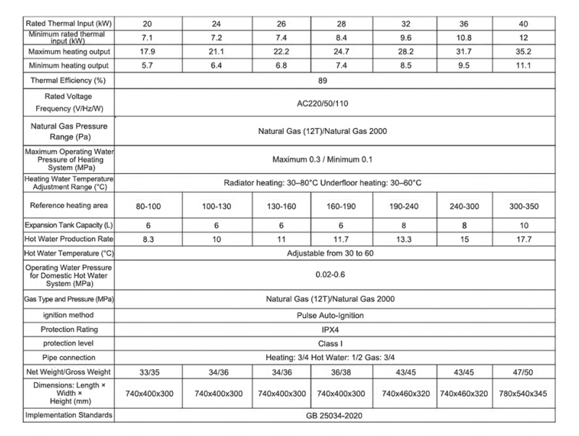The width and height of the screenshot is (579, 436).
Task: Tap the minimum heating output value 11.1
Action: [x=525, y=65]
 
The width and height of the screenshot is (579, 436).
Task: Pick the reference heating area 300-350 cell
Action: [x=525, y=206]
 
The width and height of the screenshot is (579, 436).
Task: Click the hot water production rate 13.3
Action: [x=401, y=238]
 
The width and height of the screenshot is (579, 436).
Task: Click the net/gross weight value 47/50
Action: [x=525, y=371]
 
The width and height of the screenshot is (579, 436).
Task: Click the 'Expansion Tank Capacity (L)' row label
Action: [x=69, y=225]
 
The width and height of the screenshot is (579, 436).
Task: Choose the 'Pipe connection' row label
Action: [x=69, y=356]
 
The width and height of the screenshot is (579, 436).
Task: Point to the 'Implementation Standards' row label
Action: [x=69, y=416]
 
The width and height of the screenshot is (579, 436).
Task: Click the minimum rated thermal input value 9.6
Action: [x=401, y=36]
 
